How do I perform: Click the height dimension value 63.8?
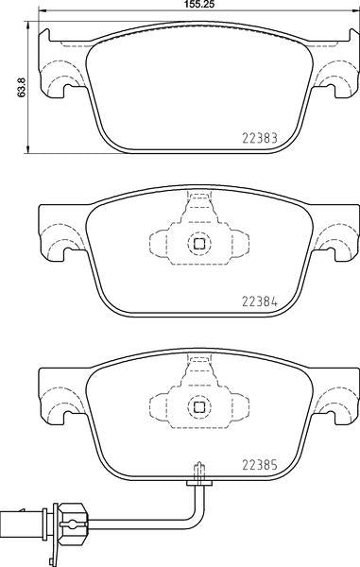click(x=22, y=87)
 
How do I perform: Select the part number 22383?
click(x=260, y=138)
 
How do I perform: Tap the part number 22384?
click(x=260, y=301)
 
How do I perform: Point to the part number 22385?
click(x=260, y=465)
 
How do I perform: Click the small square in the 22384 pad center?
click(x=199, y=244)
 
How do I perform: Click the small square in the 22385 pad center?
click(x=199, y=406)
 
